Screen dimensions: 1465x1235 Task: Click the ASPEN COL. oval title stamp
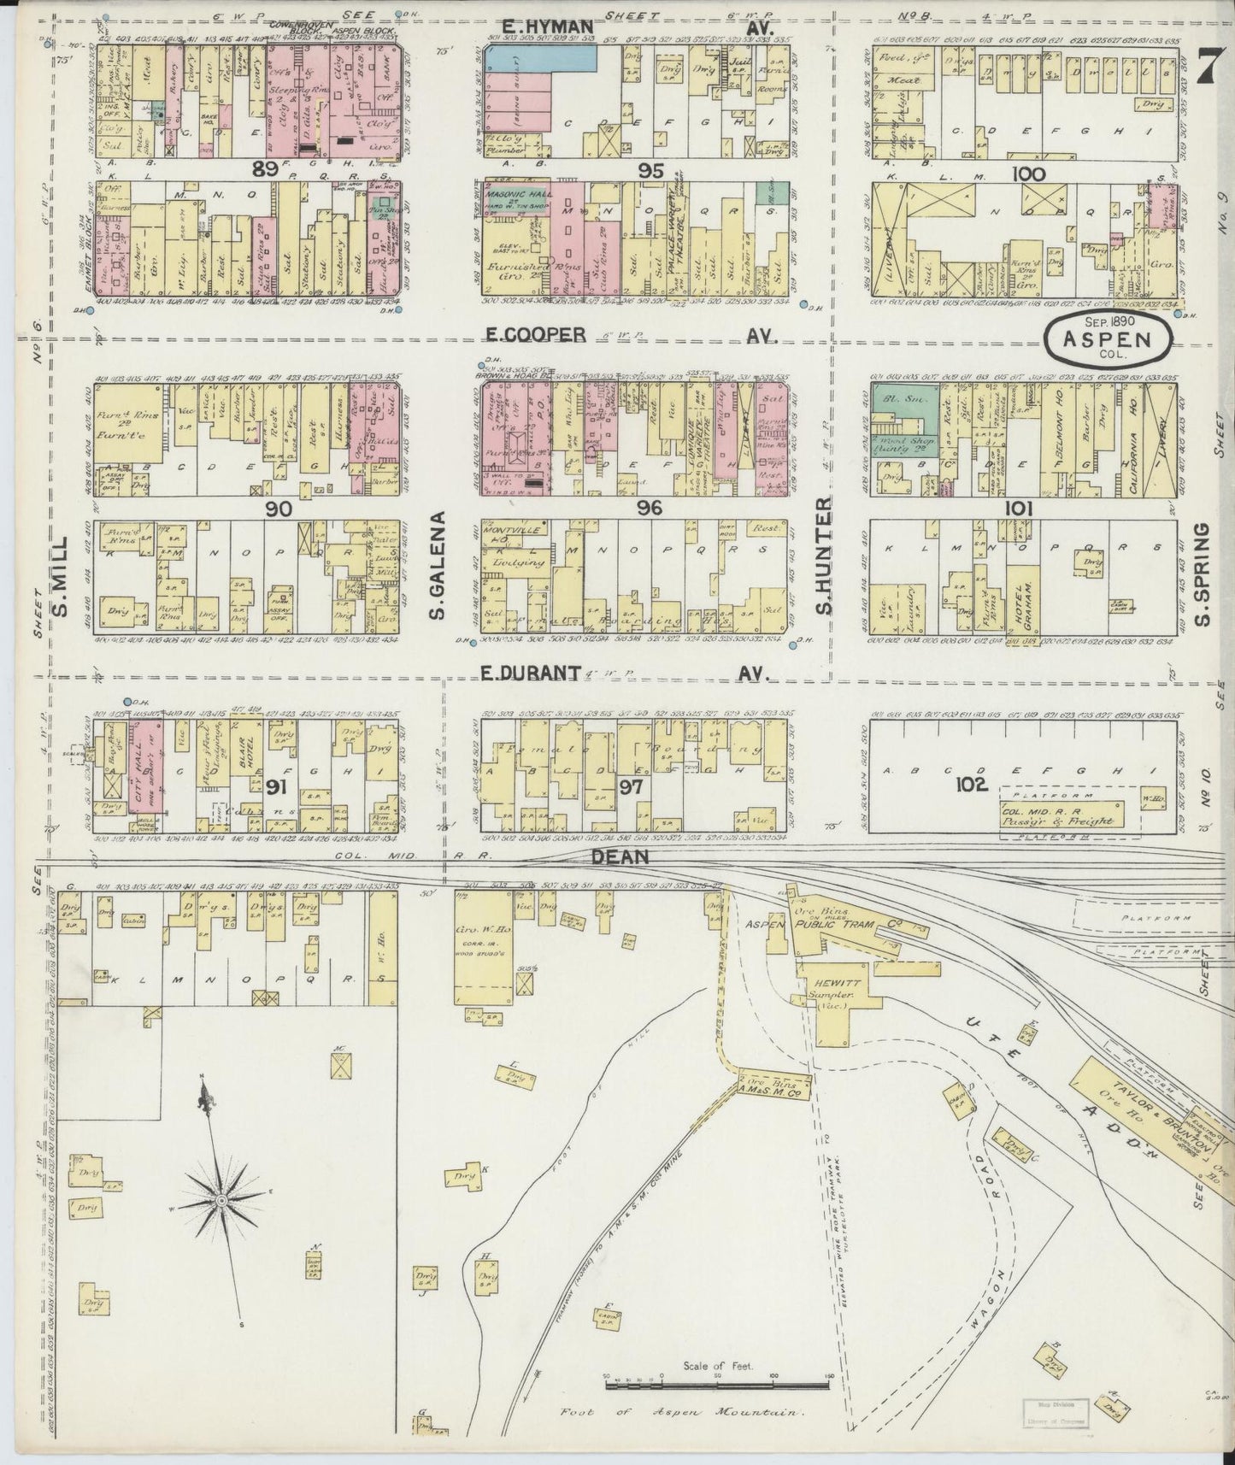tap(1109, 338)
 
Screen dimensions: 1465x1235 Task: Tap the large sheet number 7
tap(1207, 67)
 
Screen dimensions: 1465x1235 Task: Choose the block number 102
tap(972, 784)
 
